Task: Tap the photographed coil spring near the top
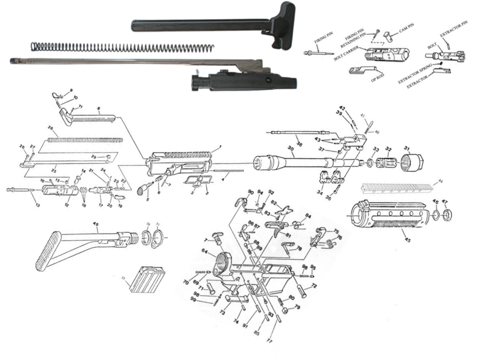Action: click(x=122, y=47)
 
